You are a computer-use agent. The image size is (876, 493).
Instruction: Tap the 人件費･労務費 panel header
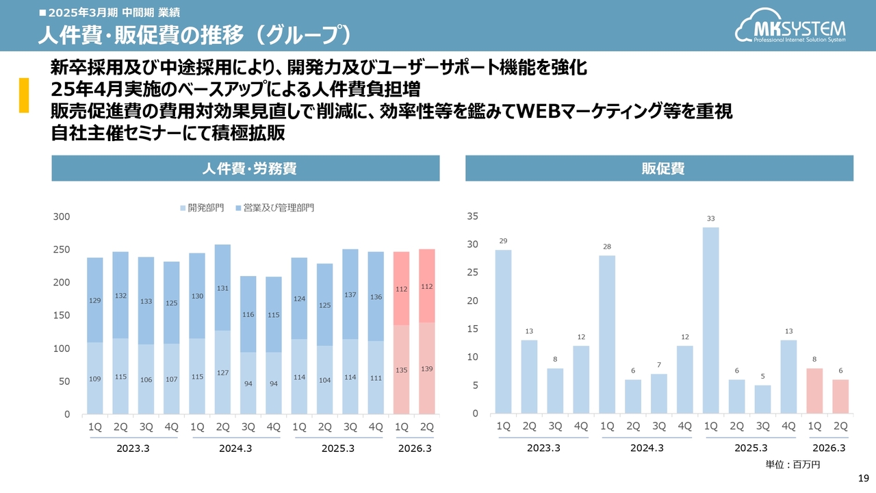pos(245,168)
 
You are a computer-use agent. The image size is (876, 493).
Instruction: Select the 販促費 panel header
pos(659,168)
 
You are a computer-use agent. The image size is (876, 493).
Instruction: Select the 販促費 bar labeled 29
pos(503,331)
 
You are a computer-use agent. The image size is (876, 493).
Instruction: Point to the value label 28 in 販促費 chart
pos(607,246)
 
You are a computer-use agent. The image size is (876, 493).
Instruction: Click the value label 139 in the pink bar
pos(426,369)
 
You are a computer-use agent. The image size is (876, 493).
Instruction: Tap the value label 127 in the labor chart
pos(222,373)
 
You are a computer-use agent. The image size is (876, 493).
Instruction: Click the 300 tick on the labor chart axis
pos(62,217)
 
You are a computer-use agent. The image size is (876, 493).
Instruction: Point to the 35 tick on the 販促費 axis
pos(472,216)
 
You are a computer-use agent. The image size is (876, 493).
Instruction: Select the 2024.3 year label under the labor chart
pos(235,448)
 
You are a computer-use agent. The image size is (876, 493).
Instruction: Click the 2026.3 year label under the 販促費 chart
pos(828,448)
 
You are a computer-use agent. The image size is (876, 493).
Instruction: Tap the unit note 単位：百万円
pos(793,465)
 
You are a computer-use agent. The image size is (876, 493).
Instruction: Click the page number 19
pos(864,478)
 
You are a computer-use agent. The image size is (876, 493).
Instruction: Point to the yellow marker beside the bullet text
pos(23,94)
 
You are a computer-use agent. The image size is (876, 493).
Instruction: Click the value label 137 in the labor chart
pos(350,294)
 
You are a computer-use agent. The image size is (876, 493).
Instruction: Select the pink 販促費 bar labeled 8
pos(815,391)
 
